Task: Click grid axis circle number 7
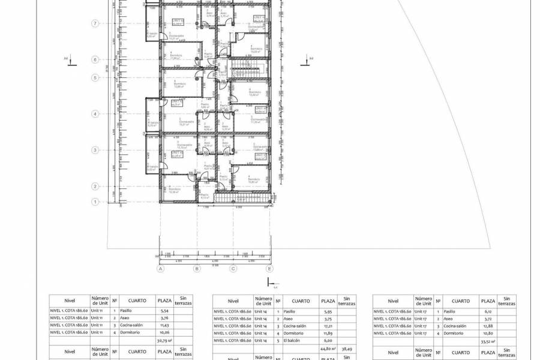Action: pos(95,23)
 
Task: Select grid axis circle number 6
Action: pos(95,59)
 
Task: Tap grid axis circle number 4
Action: pos(95,113)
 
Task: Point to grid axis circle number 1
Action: pos(95,202)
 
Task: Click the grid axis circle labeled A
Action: pos(160,269)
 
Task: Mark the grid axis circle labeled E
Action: pos(270,269)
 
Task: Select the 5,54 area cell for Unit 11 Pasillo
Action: pos(163,311)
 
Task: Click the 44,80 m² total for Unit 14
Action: pos(328,347)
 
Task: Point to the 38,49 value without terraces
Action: pos(346,347)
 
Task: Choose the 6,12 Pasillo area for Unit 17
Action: pos(487,311)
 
